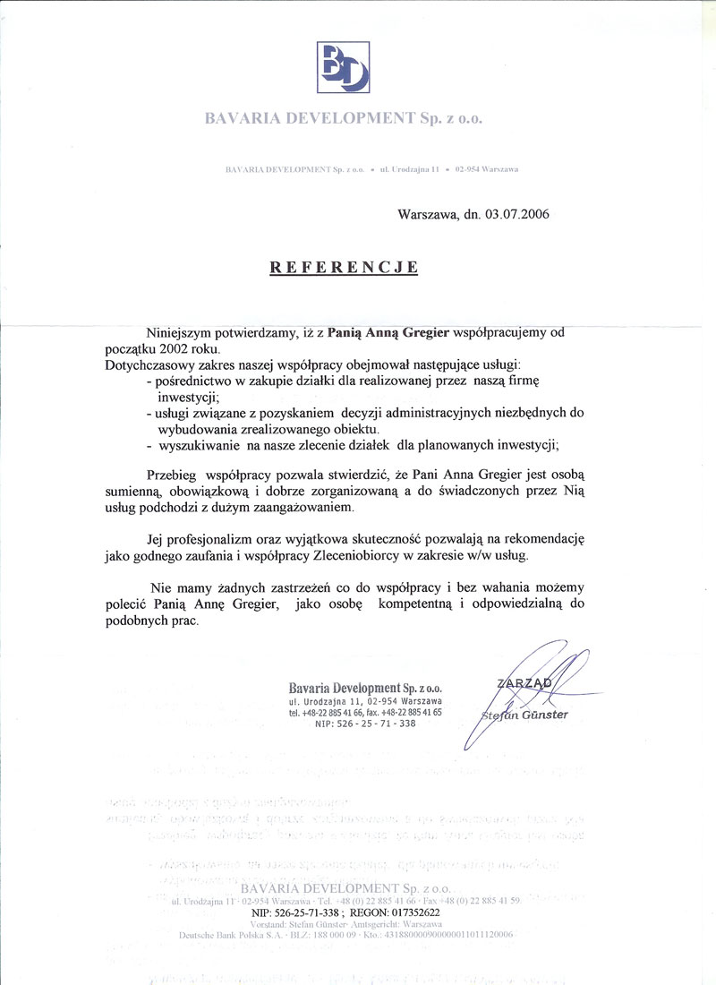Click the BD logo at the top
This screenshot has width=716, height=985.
(345, 67)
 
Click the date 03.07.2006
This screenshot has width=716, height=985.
(516, 215)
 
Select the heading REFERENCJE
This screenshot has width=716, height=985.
(345, 267)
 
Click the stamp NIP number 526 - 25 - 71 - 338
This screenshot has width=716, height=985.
(365, 724)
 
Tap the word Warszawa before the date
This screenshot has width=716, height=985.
(429, 215)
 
